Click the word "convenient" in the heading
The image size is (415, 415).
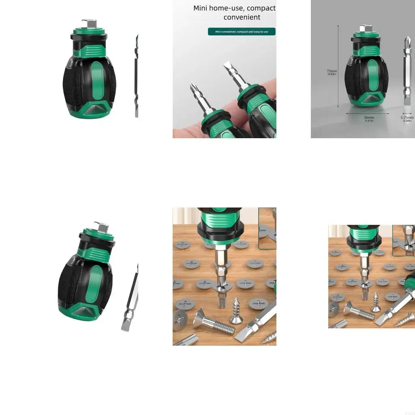pos(242,17)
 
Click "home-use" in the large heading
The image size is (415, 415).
pos(231,8)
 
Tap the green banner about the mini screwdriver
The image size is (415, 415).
pos(242,32)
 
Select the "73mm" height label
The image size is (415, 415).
pos(332,71)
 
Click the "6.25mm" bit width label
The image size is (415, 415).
pos(407,118)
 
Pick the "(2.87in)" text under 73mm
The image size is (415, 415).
pos(332,75)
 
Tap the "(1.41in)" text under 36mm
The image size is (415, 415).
pos(369,121)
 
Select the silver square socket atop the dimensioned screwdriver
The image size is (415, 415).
pos(366,29)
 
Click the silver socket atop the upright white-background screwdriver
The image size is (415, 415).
pos(88,24)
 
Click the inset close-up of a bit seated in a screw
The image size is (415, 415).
pos(267,228)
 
